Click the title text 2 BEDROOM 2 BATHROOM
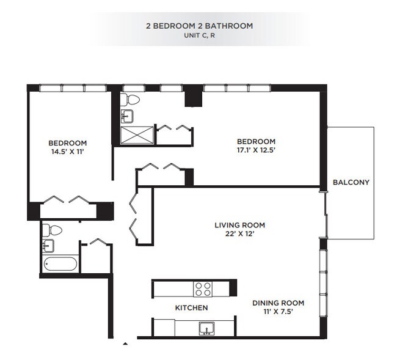[x=198, y=26]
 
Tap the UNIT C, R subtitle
[x=198, y=35]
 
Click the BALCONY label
[x=351, y=182]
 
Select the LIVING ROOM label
[x=239, y=225]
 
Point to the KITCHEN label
[x=191, y=308]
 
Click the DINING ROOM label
[x=278, y=303]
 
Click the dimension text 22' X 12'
[x=239, y=233]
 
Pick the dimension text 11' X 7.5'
[x=278, y=312]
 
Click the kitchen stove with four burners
[x=203, y=288]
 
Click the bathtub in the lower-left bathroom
[x=60, y=264]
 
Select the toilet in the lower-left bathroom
[x=54, y=230]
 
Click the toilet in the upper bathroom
[x=131, y=99]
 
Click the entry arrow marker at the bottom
[x=125, y=344]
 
